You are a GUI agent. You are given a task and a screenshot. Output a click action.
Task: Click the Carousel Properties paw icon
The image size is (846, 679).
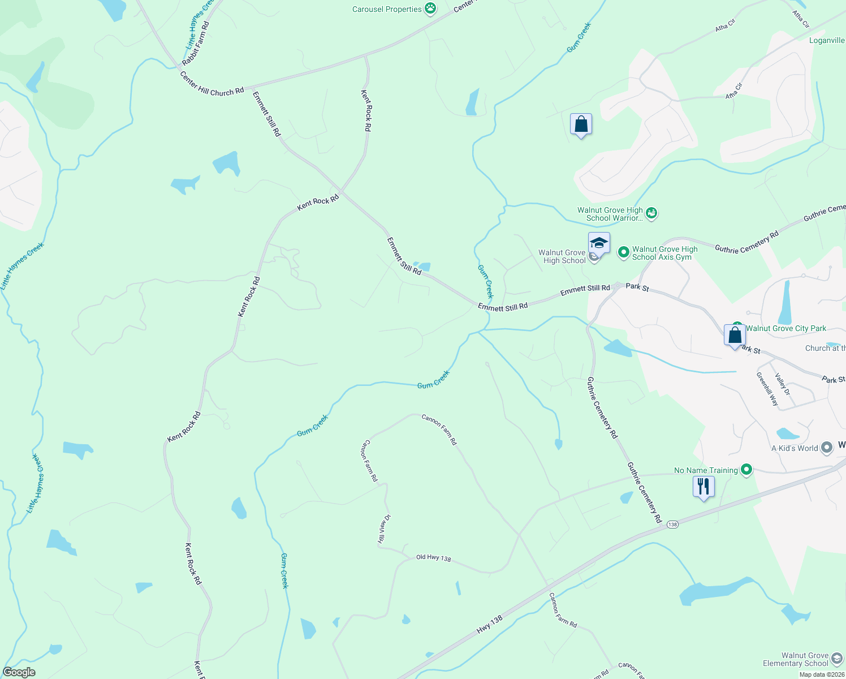(431, 8)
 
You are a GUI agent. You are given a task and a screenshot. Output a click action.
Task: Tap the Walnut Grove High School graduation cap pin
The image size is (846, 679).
(599, 243)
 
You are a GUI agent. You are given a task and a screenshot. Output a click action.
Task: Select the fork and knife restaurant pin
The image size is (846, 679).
(703, 486)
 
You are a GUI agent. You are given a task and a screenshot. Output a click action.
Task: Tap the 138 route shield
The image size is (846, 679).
(672, 525)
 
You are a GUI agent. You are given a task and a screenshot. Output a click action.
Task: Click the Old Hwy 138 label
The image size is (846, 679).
(434, 558)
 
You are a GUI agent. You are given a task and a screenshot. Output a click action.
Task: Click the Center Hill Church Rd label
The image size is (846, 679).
(212, 84)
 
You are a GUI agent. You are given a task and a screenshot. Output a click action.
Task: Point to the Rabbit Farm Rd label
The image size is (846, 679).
(196, 44)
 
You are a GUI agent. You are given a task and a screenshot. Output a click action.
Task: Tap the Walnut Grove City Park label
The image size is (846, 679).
(785, 328)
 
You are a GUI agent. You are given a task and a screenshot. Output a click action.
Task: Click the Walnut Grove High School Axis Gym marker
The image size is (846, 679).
(624, 252)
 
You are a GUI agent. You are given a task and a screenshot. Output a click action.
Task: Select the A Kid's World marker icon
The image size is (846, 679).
(827, 448)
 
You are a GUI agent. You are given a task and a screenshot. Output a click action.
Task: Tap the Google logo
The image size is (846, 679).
(19, 672)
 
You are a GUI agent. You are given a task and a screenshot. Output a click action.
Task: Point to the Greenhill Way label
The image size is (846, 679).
(767, 389)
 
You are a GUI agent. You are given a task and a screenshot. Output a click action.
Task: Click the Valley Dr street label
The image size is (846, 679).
(783, 384)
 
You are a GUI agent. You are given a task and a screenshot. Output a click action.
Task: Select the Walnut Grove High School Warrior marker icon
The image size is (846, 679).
(651, 213)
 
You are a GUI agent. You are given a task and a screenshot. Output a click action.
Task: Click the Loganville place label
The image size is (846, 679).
(827, 40)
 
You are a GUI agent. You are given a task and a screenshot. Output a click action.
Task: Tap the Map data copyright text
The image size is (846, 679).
(822, 674)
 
